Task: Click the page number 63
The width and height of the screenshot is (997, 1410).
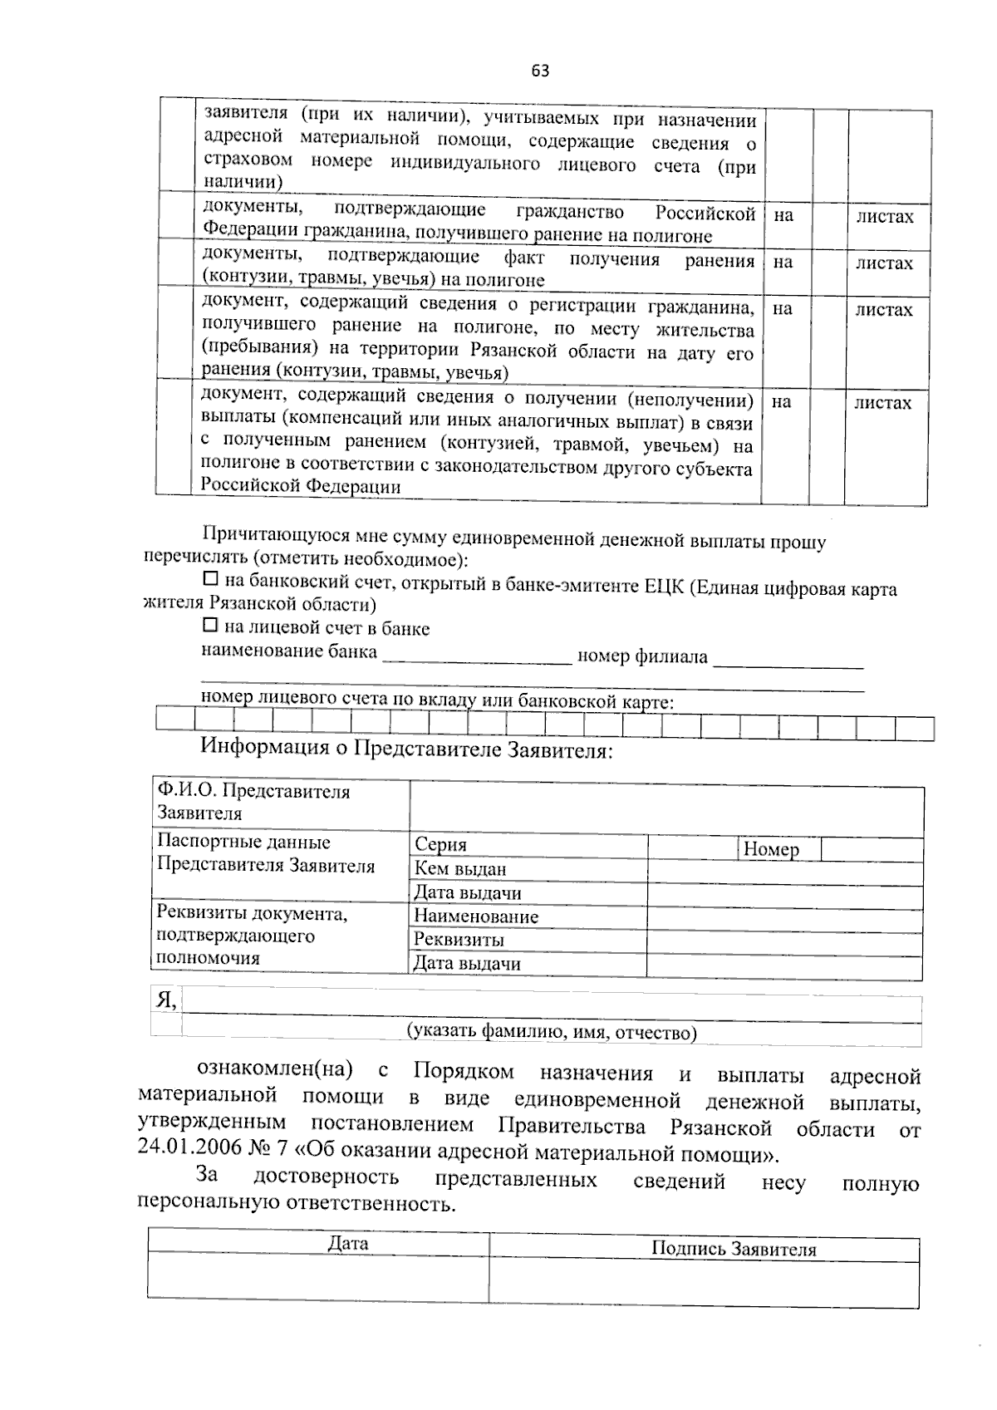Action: pyautogui.click(x=540, y=71)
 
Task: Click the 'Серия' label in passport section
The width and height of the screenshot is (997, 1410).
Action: pyautogui.click(x=440, y=845)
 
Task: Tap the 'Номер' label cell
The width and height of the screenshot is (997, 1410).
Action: pyautogui.click(x=771, y=849)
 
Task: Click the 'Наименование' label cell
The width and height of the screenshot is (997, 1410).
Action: pyautogui.click(x=475, y=916)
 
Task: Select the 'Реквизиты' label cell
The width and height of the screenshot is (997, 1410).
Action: pyautogui.click(x=459, y=940)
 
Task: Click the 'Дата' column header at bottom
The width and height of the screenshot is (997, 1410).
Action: pyautogui.click(x=348, y=1244)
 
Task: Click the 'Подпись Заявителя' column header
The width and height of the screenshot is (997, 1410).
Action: pyautogui.click(x=733, y=1249)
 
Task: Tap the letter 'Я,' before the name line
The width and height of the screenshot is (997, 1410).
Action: pyautogui.click(x=165, y=1000)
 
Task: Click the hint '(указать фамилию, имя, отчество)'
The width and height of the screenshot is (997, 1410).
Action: pyautogui.click(x=551, y=1033)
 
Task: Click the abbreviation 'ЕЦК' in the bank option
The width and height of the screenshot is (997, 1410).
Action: pyautogui.click(x=664, y=587)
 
